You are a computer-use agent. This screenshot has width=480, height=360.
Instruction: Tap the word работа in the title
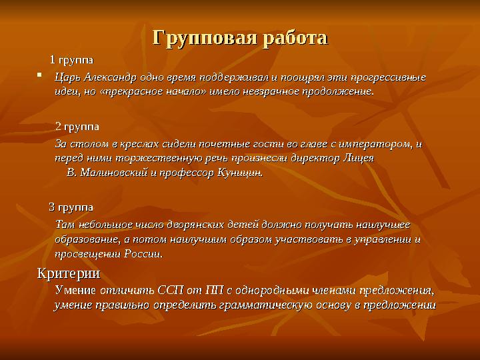pyautogui.click(x=293, y=37)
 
